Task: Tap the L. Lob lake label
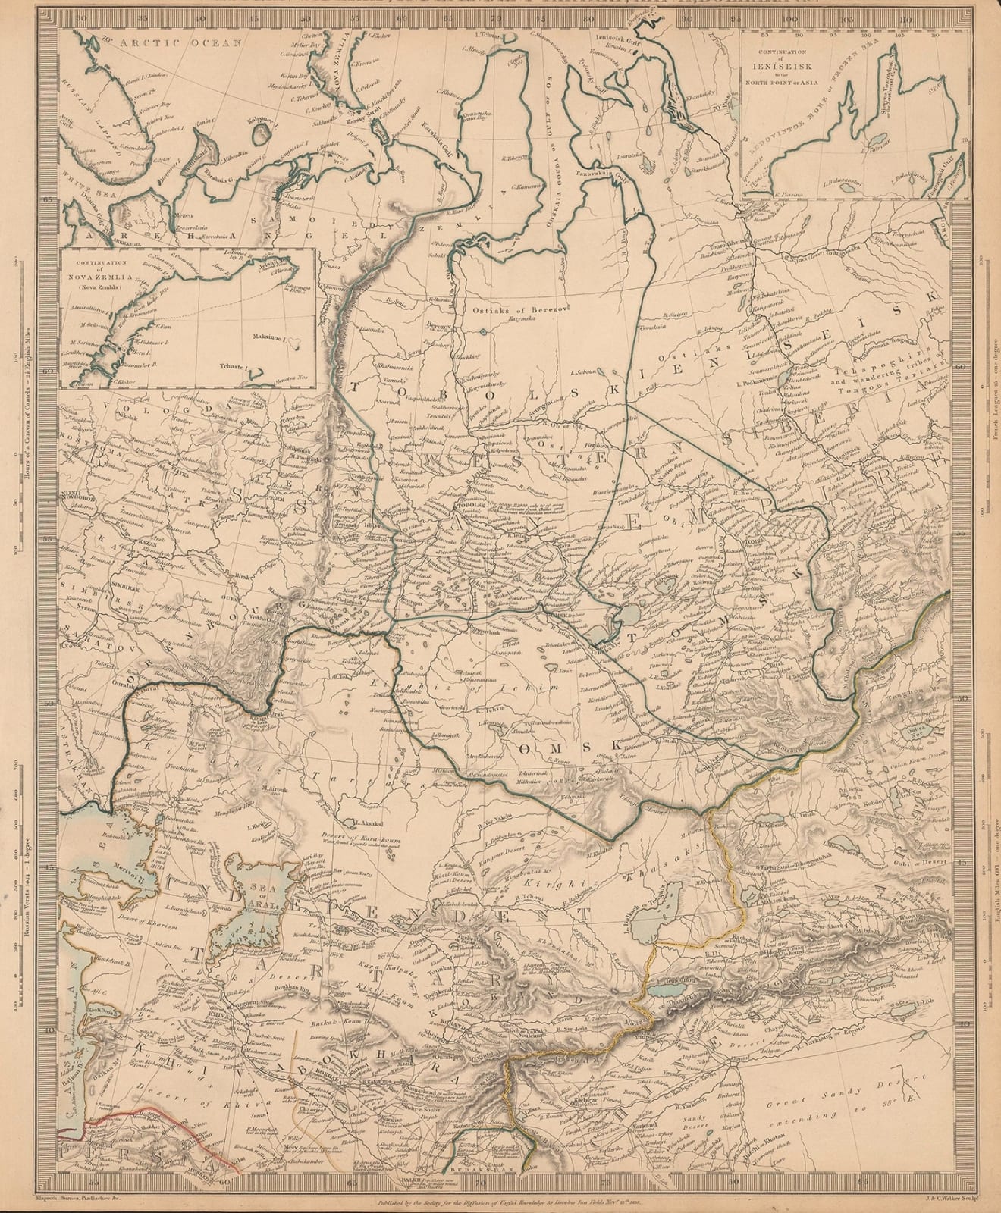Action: (923, 1003)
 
